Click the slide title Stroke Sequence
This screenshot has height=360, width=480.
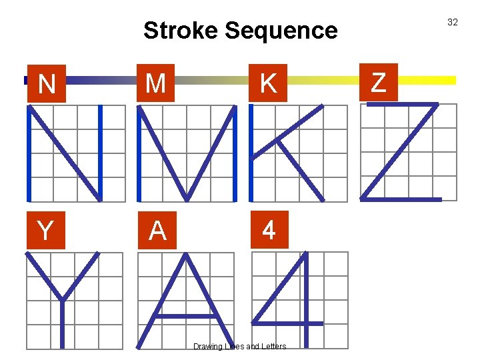coord(240,30)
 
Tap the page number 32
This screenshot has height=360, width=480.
coord(452,22)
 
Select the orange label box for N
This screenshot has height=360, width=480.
coord(47,84)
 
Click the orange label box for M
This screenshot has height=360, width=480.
coord(155,83)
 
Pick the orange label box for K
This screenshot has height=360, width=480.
coord(268,83)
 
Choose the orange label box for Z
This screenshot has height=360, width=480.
coord(378,83)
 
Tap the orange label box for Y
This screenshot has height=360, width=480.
coord(45,231)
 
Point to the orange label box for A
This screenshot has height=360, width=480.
coord(157,231)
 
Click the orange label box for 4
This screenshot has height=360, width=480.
coord(268,230)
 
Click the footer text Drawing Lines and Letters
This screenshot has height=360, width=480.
coord(239,347)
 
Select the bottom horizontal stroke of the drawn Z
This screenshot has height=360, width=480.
coord(400,199)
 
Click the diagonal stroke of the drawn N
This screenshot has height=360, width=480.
coord(65,152)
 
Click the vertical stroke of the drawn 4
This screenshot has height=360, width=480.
coord(305,300)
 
